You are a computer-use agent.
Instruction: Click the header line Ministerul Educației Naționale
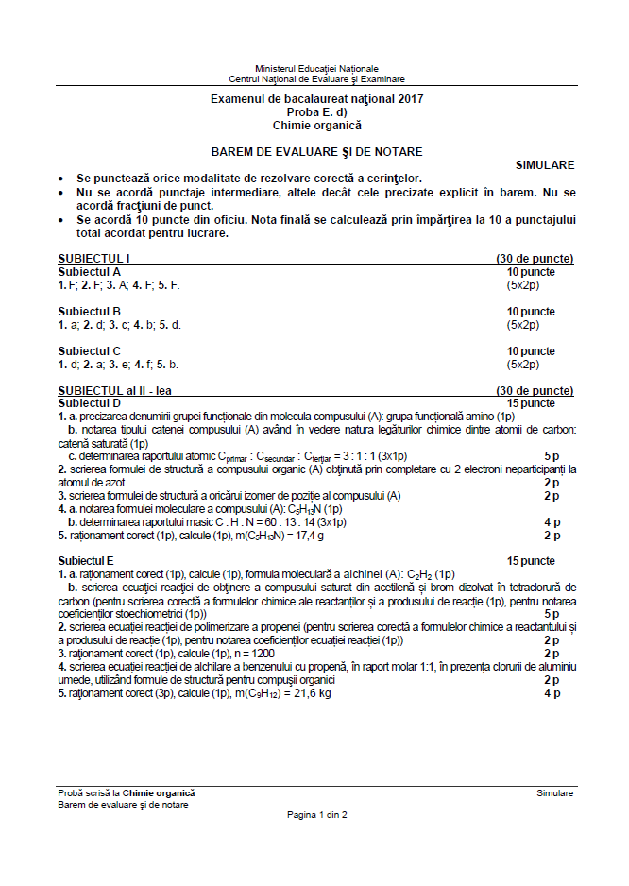[316, 69]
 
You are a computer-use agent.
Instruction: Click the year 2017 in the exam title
[411, 99]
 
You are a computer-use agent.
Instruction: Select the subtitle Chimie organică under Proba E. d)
[316, 125]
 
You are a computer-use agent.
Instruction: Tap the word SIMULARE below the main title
[545, 164]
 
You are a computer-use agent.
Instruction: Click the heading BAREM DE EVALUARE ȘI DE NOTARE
[316, 151]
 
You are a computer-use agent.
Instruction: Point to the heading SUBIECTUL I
[93, 258]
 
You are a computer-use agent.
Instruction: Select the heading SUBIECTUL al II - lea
[114, 390]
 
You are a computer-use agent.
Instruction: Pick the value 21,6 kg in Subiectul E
[311, 692]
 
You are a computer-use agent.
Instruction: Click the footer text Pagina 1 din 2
[316, 814]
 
